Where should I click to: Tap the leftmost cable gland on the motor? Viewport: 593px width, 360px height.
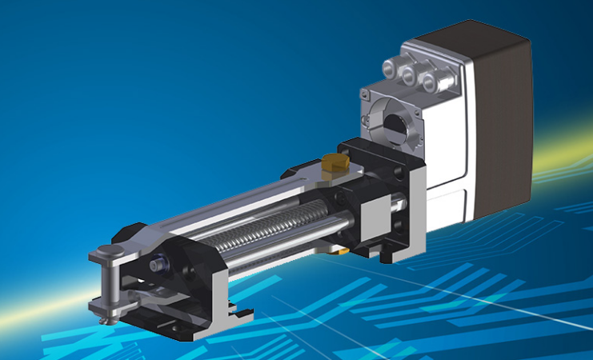click(x=390, y=71)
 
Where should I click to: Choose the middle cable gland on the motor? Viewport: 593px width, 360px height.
click(x=411, y=78)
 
